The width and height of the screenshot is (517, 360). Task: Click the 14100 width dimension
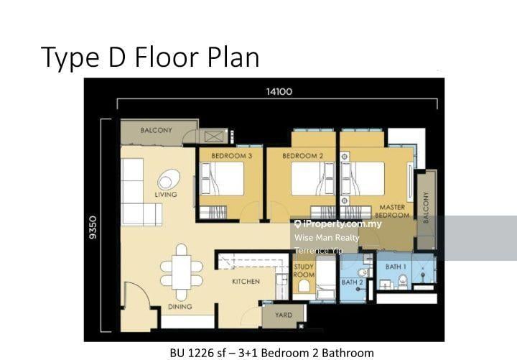279,91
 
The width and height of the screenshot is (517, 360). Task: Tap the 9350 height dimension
93,227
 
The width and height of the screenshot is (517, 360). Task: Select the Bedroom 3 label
231,156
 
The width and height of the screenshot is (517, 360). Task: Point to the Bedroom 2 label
303,156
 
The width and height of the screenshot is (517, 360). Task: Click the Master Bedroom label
392,211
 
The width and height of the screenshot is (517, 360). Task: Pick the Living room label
166,195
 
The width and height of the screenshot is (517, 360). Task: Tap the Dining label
180,307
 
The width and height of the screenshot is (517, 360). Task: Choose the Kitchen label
246,282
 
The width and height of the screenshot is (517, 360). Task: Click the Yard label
284,315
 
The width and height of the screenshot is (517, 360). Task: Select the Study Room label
304,271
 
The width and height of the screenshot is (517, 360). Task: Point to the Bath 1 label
396,267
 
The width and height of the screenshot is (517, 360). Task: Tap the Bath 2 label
352,282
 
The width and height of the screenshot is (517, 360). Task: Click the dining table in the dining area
182,272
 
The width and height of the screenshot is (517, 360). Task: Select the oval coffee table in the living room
169,180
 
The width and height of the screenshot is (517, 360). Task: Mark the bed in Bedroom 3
222,178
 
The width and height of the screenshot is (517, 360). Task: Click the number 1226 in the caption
201,353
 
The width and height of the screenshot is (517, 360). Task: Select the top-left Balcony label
157,130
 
